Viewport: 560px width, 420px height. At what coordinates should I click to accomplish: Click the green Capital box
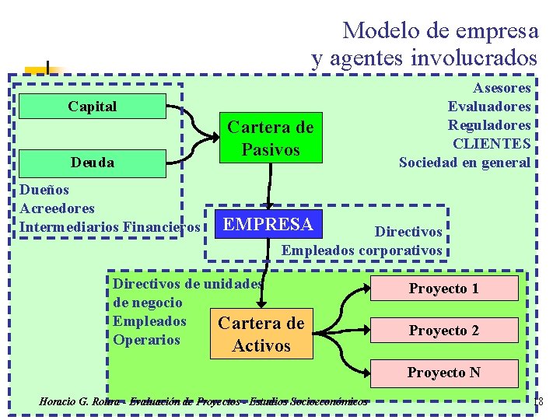(92, 107)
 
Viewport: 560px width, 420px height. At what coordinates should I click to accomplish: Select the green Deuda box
(92, 162)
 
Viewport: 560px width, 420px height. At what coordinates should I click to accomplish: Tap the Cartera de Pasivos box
(270, 138)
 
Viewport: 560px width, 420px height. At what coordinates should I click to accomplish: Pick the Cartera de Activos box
(261, 334)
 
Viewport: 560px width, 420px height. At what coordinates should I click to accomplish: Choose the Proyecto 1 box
(443, 289)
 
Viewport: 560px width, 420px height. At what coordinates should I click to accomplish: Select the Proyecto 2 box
(443, 331)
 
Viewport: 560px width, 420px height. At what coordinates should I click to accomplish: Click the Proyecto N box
(443, 373)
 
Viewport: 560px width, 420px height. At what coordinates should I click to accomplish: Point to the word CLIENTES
(492, 144)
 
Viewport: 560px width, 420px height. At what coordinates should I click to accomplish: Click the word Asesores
(502, 88)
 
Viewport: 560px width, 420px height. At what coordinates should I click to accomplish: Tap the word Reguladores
(489, 125)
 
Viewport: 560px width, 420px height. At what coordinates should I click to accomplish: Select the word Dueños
(44, 190)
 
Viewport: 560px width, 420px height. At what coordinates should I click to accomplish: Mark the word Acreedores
(57, 208)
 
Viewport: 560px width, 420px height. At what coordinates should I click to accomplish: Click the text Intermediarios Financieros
(110, 227)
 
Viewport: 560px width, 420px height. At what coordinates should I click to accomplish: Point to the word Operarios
(146, 340)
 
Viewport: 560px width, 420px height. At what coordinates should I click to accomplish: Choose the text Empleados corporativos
(361, 250)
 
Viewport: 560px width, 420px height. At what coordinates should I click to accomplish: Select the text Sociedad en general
(464, 163)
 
